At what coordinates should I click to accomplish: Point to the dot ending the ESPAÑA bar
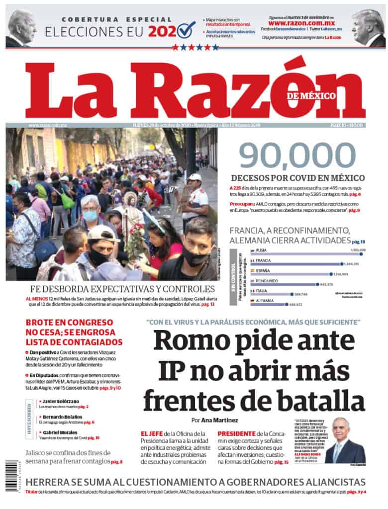pos(330,274)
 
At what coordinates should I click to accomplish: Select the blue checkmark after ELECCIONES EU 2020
pos(186,31)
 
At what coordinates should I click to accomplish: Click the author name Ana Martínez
pos(224,421)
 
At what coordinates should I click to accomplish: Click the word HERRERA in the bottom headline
pos(52,482)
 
